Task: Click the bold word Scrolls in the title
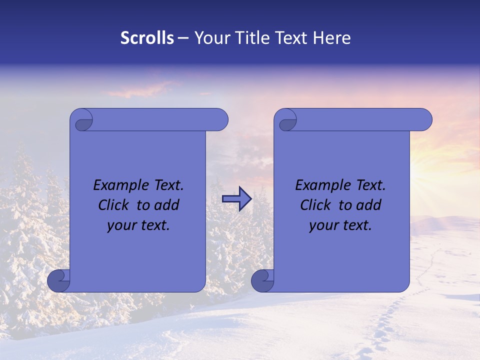[x=147, y=38]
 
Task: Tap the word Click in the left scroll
[x=114, y=205]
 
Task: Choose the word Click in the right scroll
[x=315, y=205]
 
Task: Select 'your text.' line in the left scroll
[x=138, y=225]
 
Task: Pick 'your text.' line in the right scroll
[x=340, y=225]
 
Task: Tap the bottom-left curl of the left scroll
[x=59, y=281]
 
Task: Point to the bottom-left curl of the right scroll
[x=263, y=281]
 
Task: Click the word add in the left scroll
[x=167, y=205]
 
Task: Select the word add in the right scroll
[x=369, y=205]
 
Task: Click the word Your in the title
[x=210, y=38]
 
